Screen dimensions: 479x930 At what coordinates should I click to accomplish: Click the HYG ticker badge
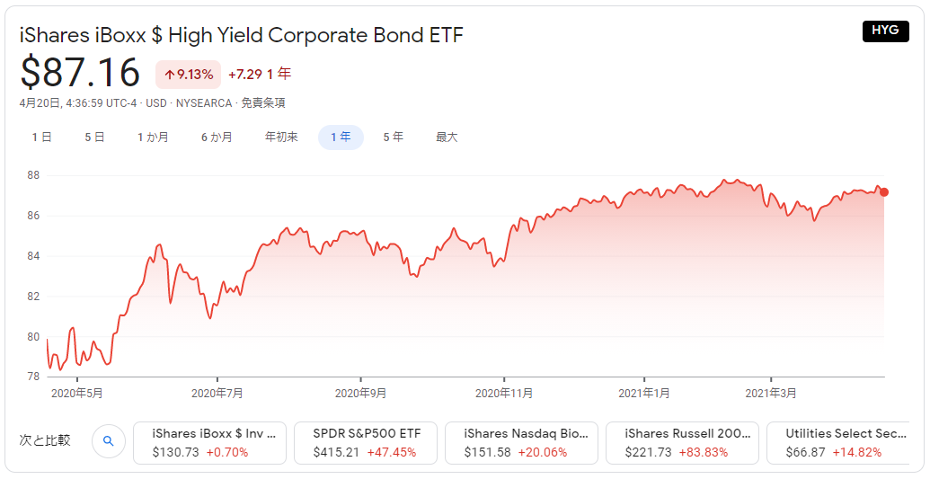885,31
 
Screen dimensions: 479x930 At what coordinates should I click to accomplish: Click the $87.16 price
80,73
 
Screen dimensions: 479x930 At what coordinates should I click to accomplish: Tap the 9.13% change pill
188,74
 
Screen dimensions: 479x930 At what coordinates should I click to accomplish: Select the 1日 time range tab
41,137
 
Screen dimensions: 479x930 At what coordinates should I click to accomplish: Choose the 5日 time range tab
94,137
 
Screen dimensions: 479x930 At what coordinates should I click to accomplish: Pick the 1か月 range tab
153,137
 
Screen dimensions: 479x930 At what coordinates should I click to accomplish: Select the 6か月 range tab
217,137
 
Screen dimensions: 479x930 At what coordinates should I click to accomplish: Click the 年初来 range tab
281,137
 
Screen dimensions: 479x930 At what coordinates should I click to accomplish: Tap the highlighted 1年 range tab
341,137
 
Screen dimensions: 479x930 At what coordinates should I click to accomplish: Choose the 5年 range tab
393,137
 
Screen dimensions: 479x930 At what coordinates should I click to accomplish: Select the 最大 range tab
447,137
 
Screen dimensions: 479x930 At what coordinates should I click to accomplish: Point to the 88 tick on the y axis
32,175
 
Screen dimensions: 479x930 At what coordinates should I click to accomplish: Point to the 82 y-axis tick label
32,297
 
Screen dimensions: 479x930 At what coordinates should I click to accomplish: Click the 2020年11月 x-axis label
504,393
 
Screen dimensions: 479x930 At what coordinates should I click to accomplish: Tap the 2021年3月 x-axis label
771,393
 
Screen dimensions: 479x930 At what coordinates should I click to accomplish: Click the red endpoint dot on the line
884,192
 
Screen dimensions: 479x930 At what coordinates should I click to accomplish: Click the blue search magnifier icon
108,441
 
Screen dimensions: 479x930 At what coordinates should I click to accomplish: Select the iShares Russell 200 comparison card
682,442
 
